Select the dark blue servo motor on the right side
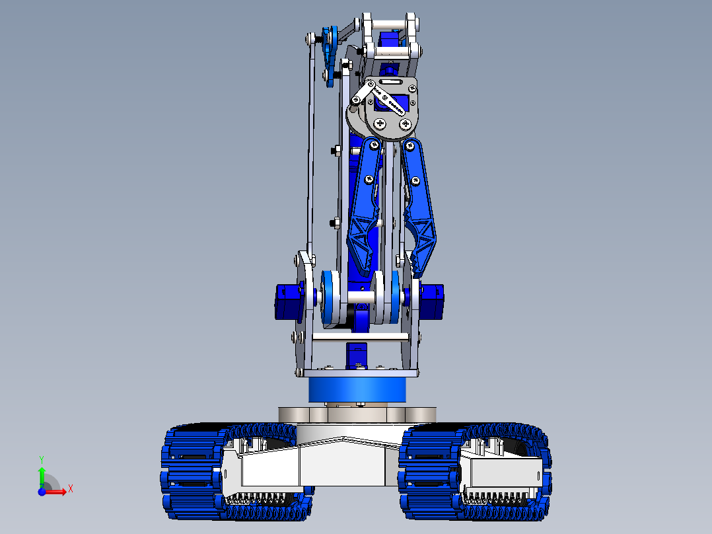(432, 301)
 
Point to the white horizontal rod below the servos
(357, 338)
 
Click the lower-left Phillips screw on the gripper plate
(380, 124)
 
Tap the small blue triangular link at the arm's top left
(330, 56)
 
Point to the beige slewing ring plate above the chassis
(357, 414)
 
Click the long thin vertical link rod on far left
(310, 145)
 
